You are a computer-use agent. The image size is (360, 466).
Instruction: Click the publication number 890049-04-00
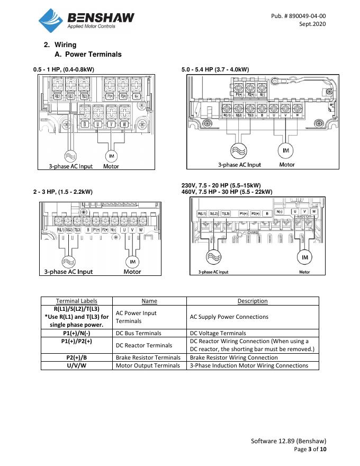(298, 16)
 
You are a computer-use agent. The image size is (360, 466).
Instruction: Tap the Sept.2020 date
(312, 24)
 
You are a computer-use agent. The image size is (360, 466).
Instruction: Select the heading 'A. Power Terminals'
(88, 54)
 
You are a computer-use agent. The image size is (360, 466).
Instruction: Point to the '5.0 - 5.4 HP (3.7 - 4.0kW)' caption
(215, 69)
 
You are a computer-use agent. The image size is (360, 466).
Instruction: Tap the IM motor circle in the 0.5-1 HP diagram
(111, 156)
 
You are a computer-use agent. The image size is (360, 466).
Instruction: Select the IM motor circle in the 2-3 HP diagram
(132, 262)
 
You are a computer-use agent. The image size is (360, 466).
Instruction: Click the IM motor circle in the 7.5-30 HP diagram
(305, 257)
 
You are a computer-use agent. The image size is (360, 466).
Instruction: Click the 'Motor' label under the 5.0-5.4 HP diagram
(287, 165)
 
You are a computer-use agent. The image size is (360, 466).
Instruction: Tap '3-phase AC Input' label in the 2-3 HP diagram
(68, 272)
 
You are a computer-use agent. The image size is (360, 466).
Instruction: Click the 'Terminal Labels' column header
(77, 301)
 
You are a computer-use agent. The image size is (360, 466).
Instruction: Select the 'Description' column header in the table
(253, 301)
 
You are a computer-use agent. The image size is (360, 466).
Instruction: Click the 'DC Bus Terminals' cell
(136, 333)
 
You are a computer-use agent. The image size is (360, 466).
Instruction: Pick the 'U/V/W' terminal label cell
(77, 365)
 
